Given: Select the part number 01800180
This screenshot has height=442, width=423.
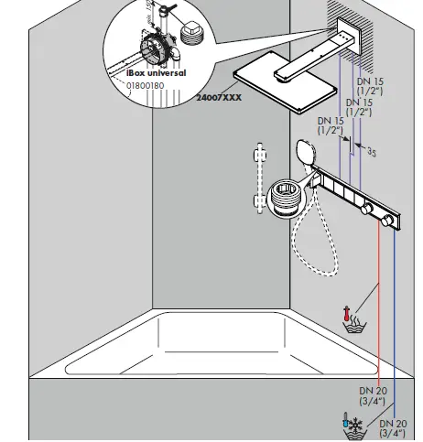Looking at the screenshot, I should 146,85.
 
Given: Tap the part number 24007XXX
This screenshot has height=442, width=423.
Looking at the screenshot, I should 220,122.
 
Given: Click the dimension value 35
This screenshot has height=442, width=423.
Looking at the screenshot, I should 372,152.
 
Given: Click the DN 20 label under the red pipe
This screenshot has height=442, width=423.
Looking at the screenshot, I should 373,395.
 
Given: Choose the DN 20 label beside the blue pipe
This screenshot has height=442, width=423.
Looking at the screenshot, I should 394,428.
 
